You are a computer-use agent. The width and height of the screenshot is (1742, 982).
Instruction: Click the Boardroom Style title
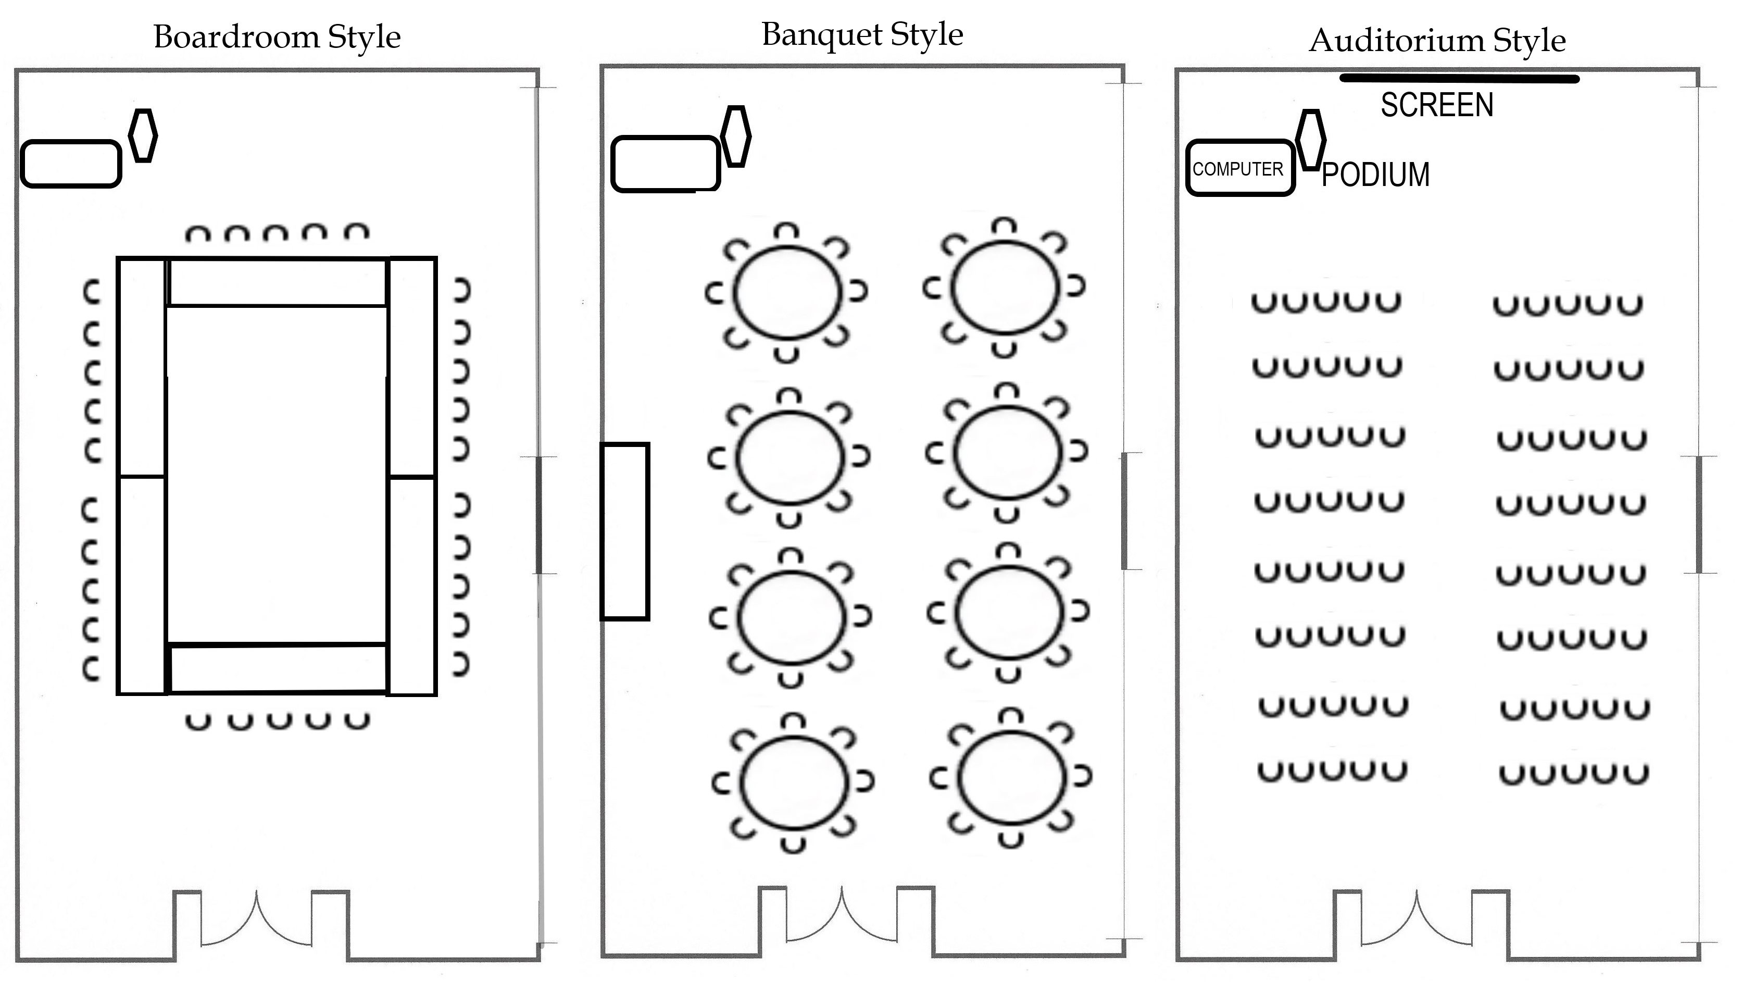(x=277, y=37)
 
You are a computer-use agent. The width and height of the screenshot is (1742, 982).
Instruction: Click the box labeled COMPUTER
(x=1239, y=168)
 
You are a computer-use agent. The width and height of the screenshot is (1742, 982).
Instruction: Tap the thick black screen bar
(x=1459, y=79)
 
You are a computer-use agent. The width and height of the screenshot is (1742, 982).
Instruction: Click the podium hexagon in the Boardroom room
(x=143, y=135)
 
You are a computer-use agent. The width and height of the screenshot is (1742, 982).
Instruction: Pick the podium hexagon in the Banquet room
(x=736, y=136)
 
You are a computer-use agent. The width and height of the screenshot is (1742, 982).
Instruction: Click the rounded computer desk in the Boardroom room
(x=71, y=164)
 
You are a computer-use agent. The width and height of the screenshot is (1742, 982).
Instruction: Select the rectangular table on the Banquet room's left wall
(x=625, y=531)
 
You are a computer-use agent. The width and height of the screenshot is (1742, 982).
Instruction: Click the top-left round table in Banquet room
(x=788, y=291)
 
